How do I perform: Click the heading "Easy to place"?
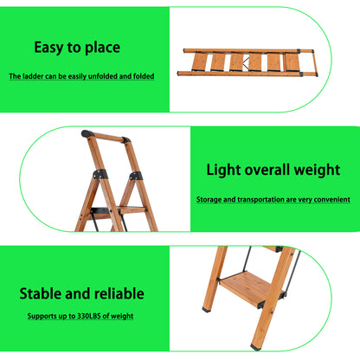point(77,48)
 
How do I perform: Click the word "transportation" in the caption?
point(255,199)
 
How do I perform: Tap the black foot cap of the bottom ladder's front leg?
point(255,347)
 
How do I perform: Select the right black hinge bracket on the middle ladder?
point(135,177)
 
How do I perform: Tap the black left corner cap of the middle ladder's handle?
point(87,135)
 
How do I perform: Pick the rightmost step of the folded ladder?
point(294,62)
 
